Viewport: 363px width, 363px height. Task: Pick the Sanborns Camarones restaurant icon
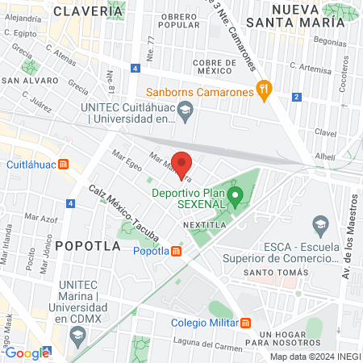point(262,90)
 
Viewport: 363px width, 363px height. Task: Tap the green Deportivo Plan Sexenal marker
point(236,194)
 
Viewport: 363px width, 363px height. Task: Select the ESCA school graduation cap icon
point(321,222)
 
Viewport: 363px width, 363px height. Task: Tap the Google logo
point(27,353)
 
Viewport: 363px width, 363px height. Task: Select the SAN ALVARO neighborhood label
point(29,81)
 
